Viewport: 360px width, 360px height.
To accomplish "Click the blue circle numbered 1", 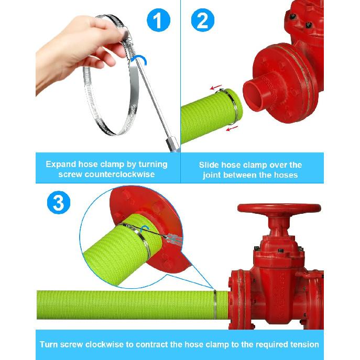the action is [158, 20].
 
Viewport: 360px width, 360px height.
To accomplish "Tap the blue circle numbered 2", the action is [202, 20].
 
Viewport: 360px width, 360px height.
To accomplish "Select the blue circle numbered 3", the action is [59, 202].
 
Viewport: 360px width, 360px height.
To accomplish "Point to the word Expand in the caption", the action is [61, 165].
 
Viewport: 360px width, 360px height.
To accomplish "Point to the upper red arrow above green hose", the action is [216, 88].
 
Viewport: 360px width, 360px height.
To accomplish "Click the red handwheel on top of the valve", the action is [279, 208].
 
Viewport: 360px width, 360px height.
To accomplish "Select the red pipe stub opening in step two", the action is [254, 94].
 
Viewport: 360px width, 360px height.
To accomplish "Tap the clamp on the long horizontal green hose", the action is [215, 304].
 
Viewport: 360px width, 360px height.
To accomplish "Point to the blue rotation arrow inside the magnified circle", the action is [145, 228].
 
